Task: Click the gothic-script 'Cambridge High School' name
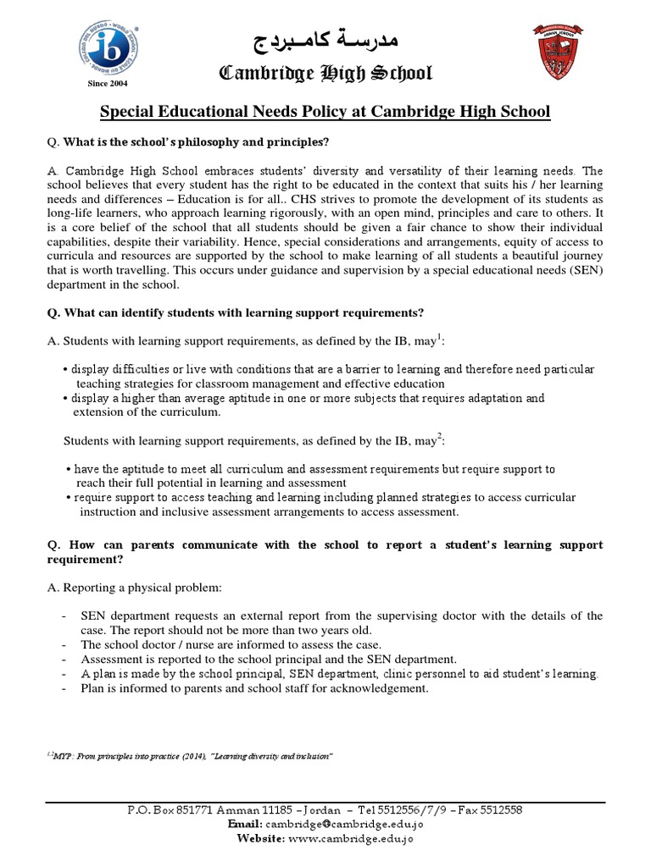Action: tap(326, 74)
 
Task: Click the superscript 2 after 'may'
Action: tap(437, 437)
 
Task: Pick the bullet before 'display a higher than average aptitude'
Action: tap(66, 398)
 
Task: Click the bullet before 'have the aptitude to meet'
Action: tap(69, 469)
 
